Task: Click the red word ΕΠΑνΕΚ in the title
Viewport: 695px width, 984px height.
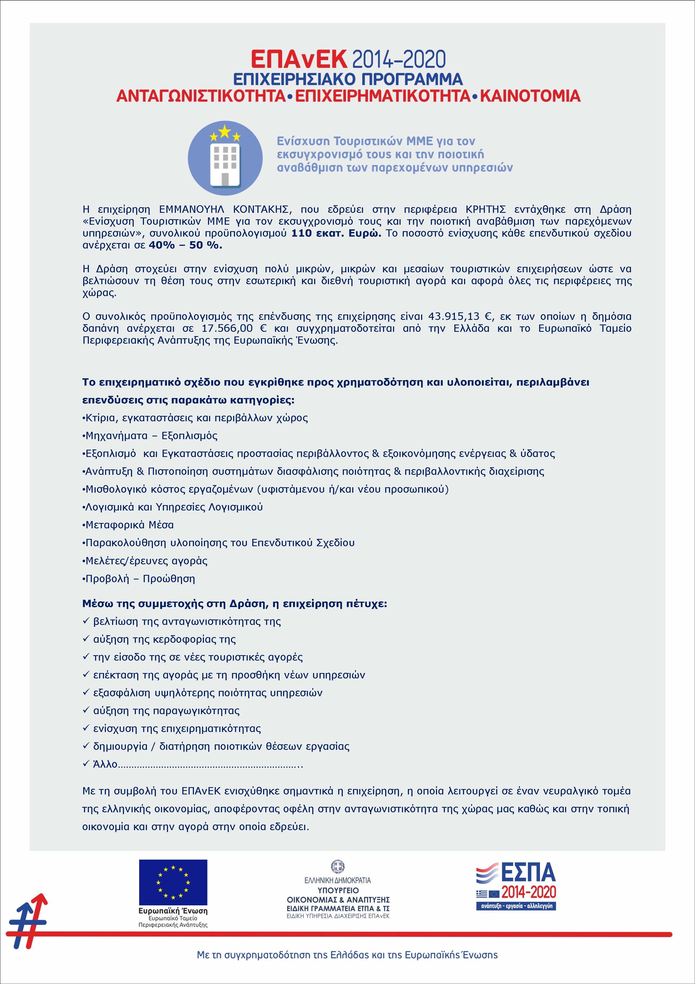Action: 299,59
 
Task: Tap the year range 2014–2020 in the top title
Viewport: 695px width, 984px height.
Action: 399,59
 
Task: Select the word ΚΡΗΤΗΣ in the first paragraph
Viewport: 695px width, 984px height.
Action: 486,210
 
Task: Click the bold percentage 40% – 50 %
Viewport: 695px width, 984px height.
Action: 185,246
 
